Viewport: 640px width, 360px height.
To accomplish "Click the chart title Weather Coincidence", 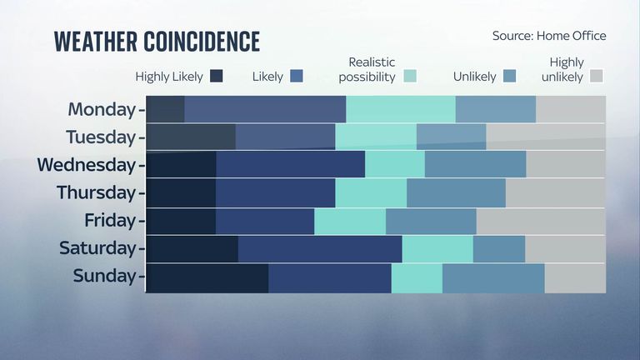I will pos(157,42).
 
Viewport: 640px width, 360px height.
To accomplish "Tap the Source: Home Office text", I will pos(549,36).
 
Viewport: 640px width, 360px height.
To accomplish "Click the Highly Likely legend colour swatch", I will pos(217,77).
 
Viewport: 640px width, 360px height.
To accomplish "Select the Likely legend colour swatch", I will pos(295,77).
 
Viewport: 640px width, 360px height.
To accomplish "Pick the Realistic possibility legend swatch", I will pos(409,77).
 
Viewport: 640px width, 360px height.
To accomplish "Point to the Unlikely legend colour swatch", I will pos(510,77).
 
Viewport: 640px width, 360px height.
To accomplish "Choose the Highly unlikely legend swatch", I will pos(596,77).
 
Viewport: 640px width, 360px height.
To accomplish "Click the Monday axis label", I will pos(102,109).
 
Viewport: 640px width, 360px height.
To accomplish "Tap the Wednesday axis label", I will pos(86,164).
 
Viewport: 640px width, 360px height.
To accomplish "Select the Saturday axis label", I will pos(97,248).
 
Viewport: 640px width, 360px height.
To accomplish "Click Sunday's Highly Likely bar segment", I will pos(207,277).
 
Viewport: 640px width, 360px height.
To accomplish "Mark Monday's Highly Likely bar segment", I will pos(165,109).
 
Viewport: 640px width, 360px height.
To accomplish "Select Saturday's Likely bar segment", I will pos(320,249).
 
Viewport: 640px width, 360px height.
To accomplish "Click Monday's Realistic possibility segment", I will pos(401,109).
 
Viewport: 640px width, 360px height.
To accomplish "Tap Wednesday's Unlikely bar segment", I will pos(475,164).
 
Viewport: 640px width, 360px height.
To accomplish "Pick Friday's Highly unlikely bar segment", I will pos(541,221).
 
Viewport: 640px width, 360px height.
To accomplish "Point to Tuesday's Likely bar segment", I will pos(285,137).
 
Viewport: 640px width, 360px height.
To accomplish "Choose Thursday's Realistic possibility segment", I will pos(371,192).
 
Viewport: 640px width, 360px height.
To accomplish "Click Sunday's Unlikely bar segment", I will pos(493,277).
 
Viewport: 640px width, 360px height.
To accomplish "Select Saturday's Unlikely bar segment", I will pos(499,249).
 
